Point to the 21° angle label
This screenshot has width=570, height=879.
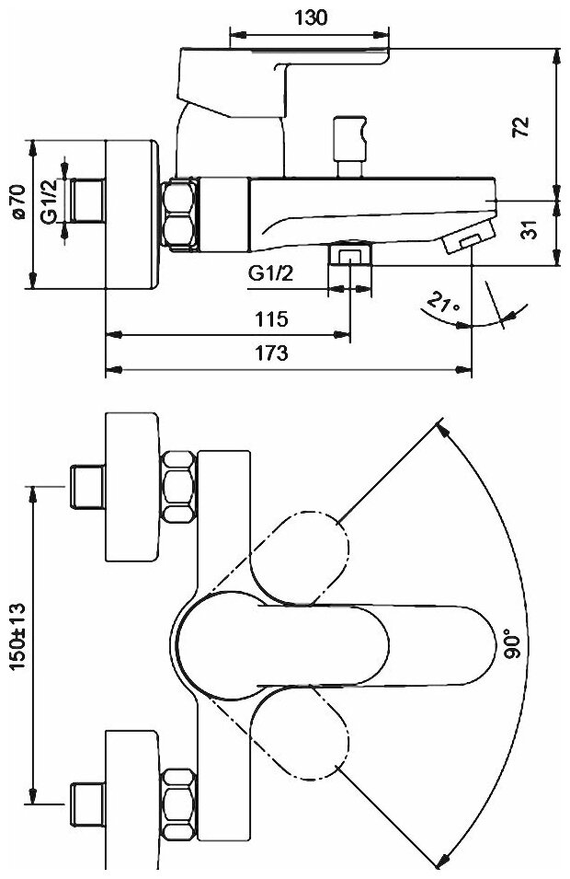(x=444, y=304)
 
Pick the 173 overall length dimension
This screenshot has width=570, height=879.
(x=273, y=352)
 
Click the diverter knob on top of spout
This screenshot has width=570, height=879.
(x=349, y=137)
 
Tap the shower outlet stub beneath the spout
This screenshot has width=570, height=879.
(x=350, y=253)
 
